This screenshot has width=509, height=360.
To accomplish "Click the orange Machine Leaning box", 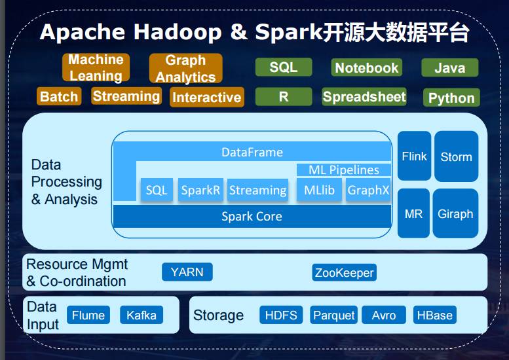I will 96,67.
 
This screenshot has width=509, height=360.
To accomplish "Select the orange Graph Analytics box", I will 185,68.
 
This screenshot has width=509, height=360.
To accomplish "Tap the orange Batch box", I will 59,97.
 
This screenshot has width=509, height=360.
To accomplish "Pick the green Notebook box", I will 366,67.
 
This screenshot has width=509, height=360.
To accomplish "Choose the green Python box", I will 451,98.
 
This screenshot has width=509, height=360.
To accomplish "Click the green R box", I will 283,97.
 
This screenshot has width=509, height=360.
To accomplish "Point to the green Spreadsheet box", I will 364,97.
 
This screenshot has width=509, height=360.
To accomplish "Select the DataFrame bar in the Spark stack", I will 252,153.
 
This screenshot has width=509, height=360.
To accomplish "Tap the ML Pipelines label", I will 344,170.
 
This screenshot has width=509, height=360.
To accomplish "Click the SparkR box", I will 200,190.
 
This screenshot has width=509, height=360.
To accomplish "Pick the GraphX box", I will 368,190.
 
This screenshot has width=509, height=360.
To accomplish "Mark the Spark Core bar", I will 252,217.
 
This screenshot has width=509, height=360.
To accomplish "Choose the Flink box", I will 414,156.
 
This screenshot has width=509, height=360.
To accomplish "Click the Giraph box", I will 455,214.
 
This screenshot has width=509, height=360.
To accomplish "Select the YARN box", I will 187,272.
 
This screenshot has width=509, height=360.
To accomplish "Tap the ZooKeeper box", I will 344,273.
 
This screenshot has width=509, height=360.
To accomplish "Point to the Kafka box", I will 141,315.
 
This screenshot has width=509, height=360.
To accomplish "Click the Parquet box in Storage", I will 334,315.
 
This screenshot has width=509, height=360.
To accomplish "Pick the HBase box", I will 435,315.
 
